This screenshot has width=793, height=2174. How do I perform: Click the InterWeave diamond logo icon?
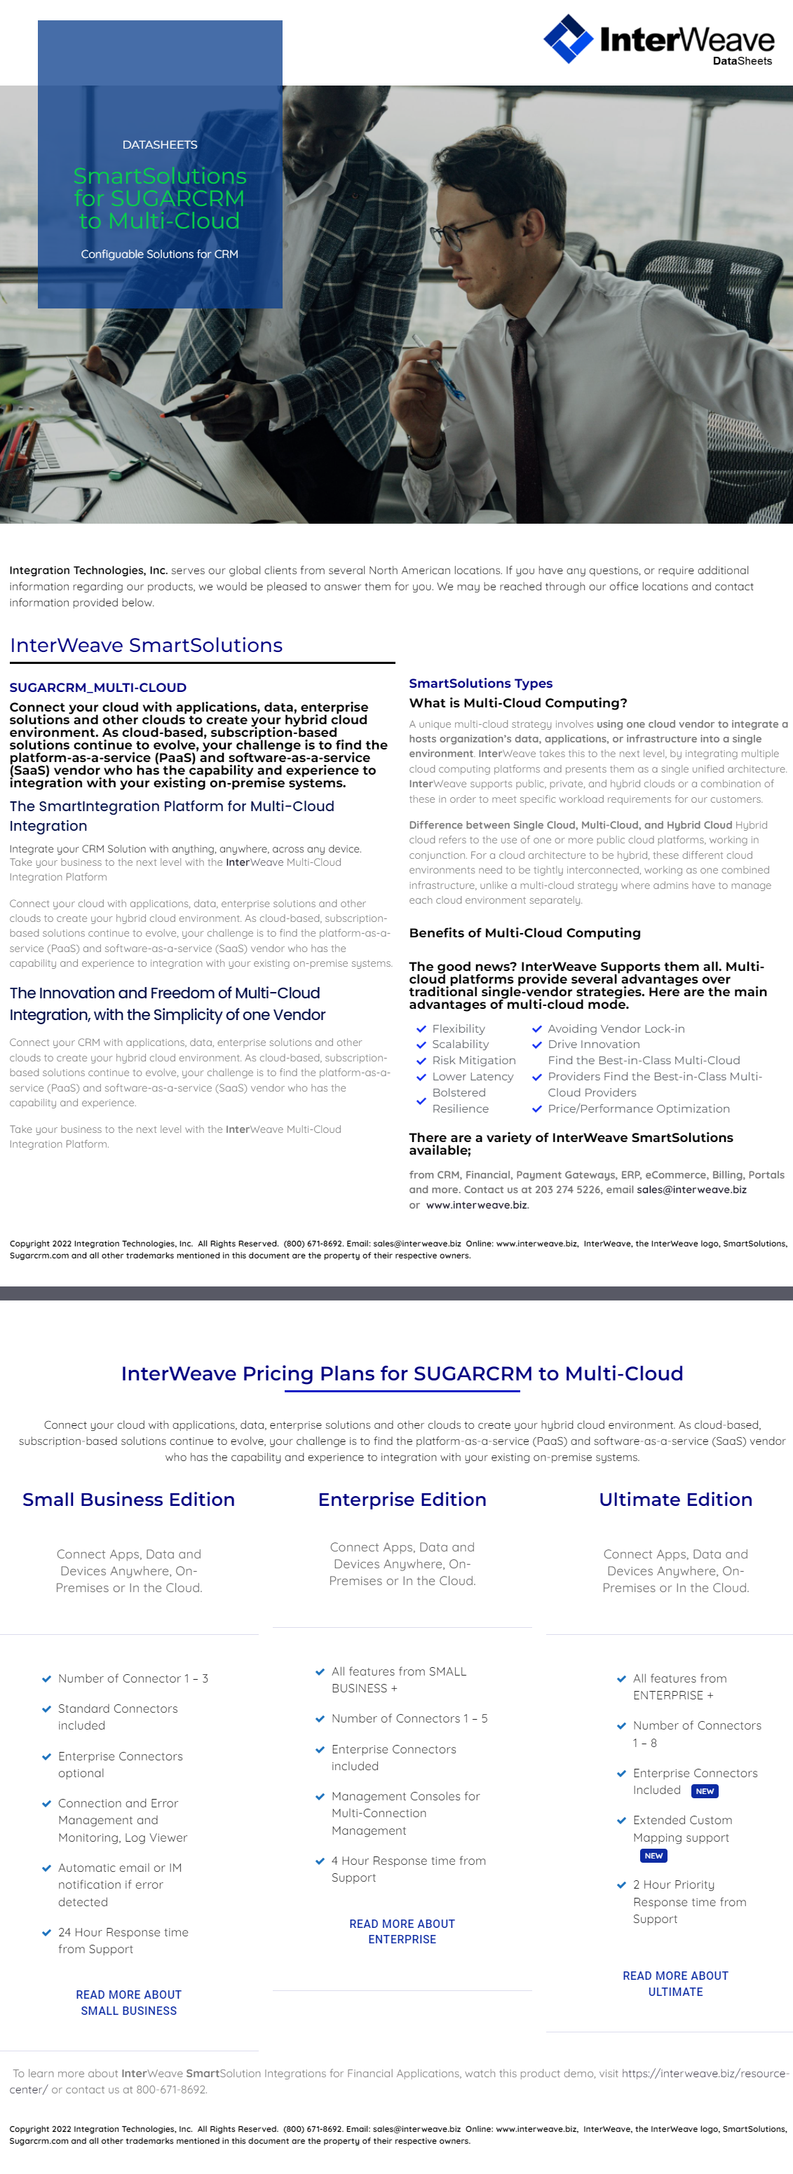click(568, 39)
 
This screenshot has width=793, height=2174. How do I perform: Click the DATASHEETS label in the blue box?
click(159, 144)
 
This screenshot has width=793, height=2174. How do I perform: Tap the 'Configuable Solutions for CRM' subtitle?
click(159, 254)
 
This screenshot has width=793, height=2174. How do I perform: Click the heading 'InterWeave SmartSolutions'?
click(146, 645)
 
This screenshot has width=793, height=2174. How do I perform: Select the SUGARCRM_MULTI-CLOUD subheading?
click(98, 687)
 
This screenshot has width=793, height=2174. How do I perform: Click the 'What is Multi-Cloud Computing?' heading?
click(517, 702)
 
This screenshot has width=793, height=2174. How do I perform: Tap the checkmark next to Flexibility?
click(421, 1028)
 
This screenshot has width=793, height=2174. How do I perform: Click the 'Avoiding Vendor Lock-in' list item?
click(615, 1028)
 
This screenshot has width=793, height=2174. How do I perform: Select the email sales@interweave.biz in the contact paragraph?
click(691, 1189)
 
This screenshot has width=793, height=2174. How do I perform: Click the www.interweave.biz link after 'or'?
click(477, 1204)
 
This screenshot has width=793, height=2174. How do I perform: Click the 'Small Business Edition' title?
click(128, 1499)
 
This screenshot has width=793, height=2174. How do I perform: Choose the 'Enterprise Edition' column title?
click(402, 1499)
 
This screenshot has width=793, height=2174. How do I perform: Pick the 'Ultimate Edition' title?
click(675, 1499)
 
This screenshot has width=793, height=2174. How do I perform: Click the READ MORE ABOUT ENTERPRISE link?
click(402, 1931)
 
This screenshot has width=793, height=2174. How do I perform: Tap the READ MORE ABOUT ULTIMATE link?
click(675, 1983)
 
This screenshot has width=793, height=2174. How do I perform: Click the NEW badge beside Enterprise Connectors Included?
click(705, 1790)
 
